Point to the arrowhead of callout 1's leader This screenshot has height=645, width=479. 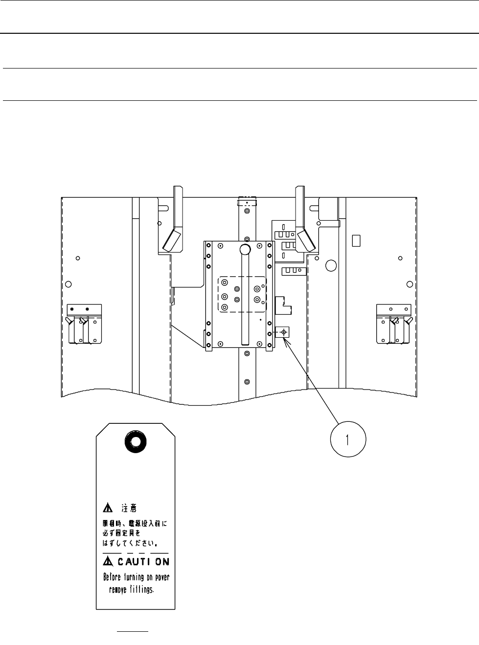click(x=285, y=340)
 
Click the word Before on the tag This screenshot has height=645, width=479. click(x=114, y=577)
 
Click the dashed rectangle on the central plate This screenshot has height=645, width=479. click(x=242, y=294)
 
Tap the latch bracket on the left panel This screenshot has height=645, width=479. click(x=84, y=323)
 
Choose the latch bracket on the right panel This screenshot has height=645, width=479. click(x=394, y=323)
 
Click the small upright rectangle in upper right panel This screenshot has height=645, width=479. click(x=356, y=240)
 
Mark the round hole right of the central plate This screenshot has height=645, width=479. click(x=331, y=266)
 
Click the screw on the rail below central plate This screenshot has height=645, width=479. click(x=247, y=381)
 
